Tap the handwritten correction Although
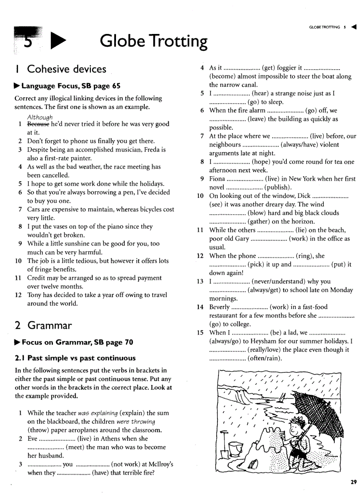point(40,117)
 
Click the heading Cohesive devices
point(67,69)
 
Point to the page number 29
point(353,482)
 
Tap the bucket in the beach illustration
point(236,449)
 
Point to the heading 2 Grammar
point(43,326)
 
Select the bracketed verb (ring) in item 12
point(304,256)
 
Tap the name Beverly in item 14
point(219,307)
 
